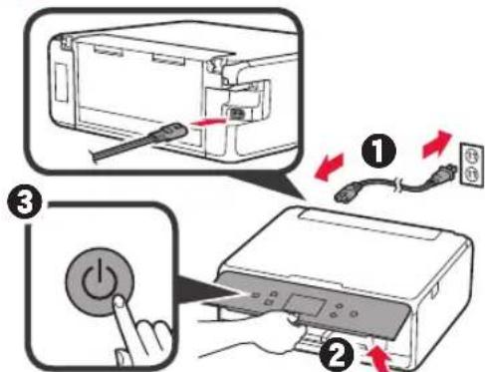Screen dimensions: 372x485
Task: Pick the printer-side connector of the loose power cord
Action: pyautogui.click(x=351, y=185)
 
